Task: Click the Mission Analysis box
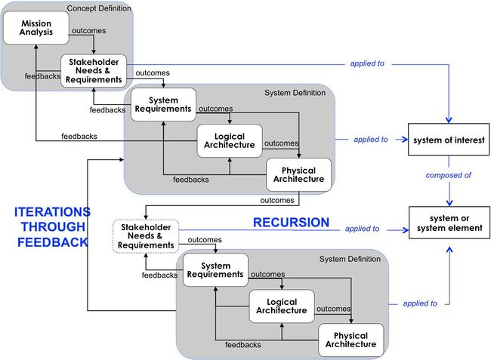(36, 29)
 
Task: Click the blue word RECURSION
(291, 223)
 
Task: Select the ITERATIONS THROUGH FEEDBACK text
(52, 227)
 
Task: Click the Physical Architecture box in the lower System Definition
(350, 340)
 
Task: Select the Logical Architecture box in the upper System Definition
(230, 140)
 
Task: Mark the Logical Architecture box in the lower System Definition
(282, 306)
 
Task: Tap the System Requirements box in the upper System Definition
(163, 103)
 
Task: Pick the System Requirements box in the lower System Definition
(216, 269)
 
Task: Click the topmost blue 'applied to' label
(367, 64)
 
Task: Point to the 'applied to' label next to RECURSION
(362, 229)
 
